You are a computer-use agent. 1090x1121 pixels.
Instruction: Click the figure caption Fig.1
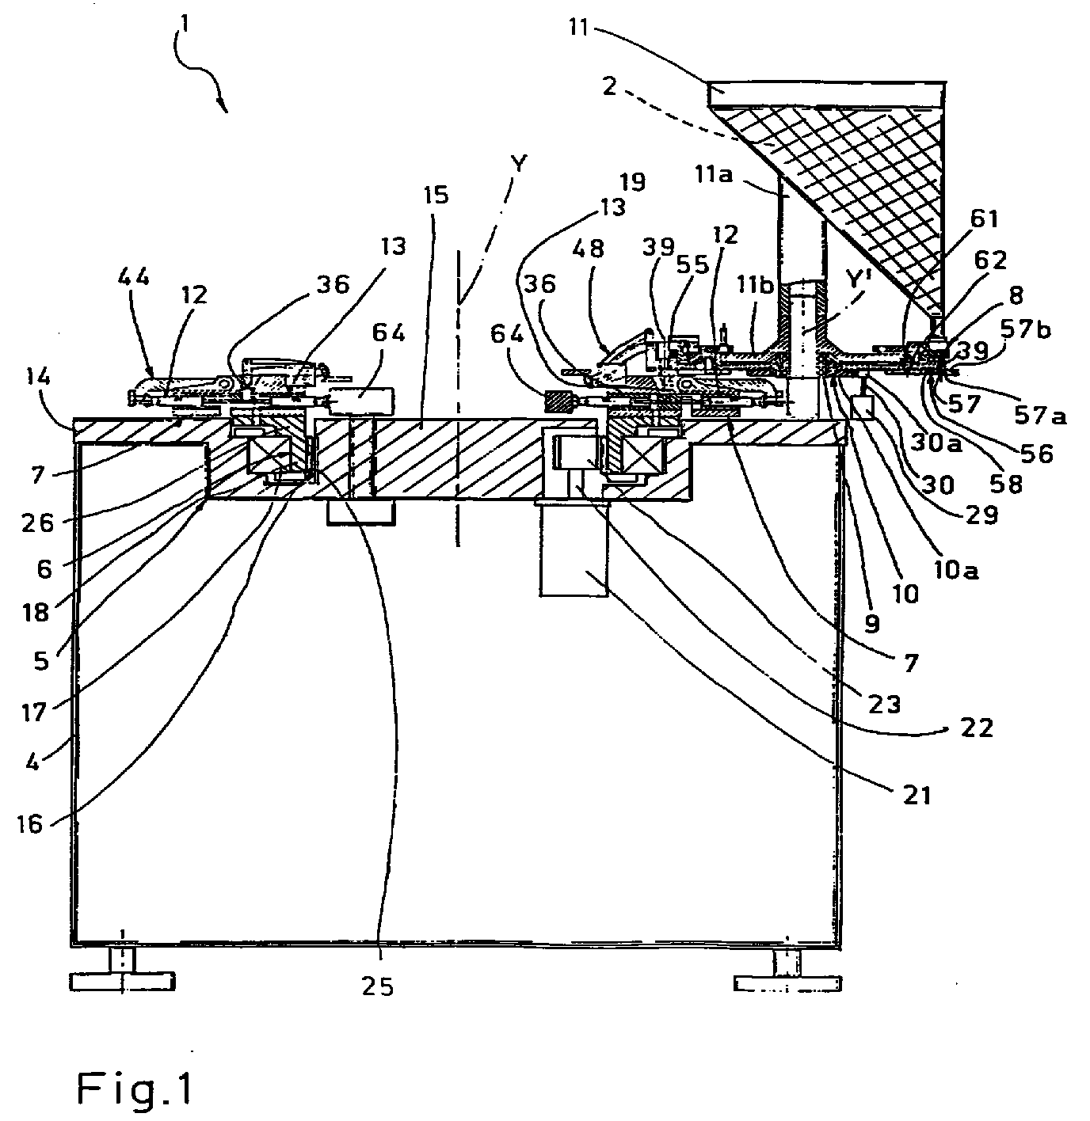tap(135, 1088)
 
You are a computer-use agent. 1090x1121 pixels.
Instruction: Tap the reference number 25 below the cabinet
tap(378, 986)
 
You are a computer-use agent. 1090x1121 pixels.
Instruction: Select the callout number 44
tap(133, 278)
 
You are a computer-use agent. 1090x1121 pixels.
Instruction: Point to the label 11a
tap(714, 173)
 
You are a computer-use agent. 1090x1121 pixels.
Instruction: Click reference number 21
tap(917, 796)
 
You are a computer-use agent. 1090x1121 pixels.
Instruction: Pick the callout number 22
tap(978, 728)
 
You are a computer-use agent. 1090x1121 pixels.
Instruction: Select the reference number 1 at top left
tap(186, 25)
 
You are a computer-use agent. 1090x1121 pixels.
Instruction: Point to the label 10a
tap(955, 571)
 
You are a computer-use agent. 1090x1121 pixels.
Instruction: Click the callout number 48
tap(588, 249)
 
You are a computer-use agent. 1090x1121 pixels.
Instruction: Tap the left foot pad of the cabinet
tap(122, 981)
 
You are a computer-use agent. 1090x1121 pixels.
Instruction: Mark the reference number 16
tap(30, 824)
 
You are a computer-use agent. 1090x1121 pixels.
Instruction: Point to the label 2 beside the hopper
tap(609, 86)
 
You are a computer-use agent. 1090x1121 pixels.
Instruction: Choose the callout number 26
tap(38, 523)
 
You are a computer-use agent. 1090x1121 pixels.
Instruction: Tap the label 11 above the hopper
tap(578, 26)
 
